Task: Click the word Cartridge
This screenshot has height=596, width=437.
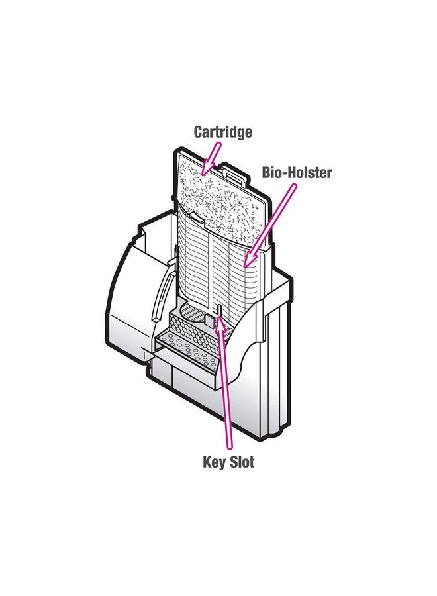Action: pyautogui.click(x=222, y=132)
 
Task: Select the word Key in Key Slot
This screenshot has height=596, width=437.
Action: pyautogui.click(x=214, y=462)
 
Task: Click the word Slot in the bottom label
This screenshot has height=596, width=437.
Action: pyautogui.click(x=241, y=462)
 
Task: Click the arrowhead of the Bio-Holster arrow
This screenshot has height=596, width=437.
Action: pyautogui.click(x=245, y=264)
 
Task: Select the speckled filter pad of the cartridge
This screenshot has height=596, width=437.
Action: pyautogui.click(x=218, y=192)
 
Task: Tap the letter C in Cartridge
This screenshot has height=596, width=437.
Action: pyautogui.click(x=198, y=132)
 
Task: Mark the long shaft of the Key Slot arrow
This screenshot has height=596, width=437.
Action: pyautogui.click(x=225, y=391)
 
